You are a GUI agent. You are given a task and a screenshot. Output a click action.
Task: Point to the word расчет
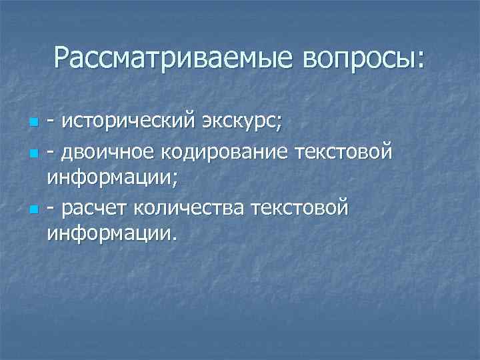[93, 209]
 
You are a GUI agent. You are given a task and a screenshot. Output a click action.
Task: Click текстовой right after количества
[299, 209]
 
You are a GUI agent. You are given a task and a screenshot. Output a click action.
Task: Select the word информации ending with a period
[112, 234]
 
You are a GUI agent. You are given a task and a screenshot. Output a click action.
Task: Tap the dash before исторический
[51, 124]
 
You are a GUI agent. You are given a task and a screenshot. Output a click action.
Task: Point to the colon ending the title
[419, 61]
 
